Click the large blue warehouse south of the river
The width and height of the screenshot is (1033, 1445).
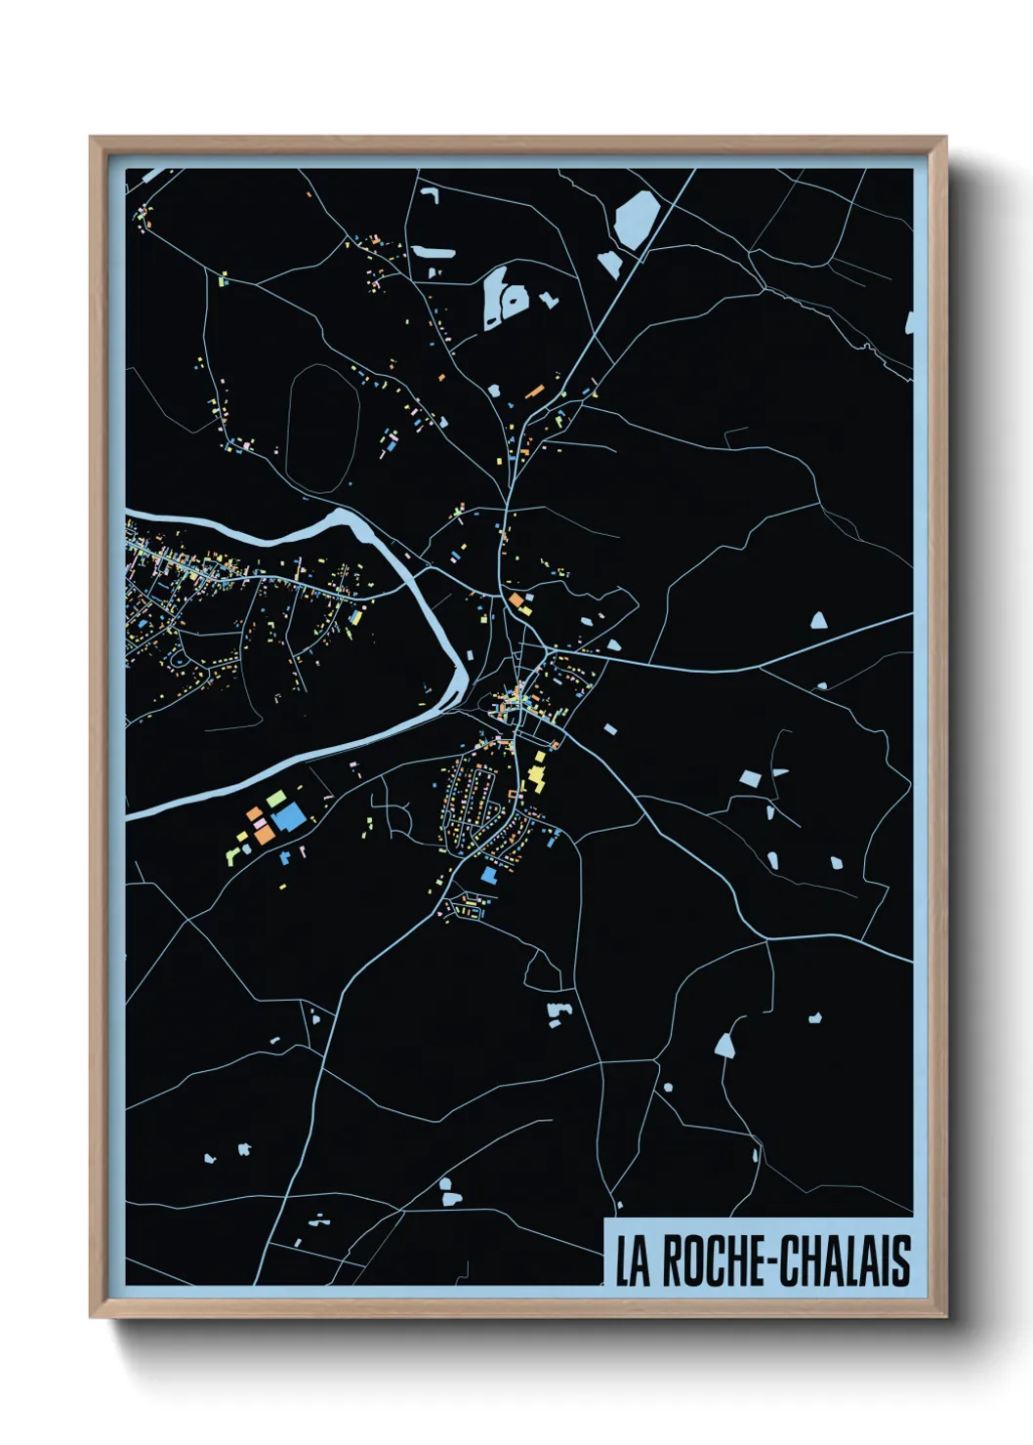(289, 816)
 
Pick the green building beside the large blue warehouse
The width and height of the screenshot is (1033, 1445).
(276, 798)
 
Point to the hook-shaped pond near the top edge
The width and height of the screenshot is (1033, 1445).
(430, 194)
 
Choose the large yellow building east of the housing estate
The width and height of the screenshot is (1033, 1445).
(536, 779)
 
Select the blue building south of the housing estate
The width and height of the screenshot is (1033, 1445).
(488, 875)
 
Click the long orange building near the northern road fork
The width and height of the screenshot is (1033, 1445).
(534, 392)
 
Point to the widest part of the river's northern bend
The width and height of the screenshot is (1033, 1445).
(344, 524)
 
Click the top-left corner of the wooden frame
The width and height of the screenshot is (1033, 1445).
(92, 139)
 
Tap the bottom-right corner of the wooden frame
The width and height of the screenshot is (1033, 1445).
(944, 1316)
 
